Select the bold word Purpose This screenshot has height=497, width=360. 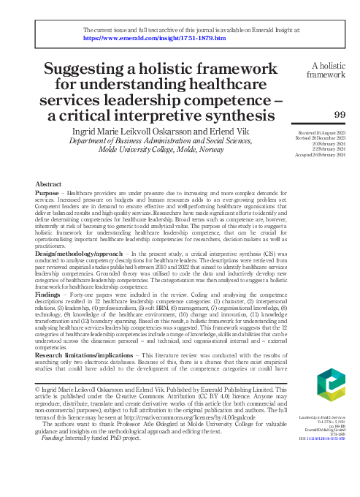[x=48, y=192]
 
